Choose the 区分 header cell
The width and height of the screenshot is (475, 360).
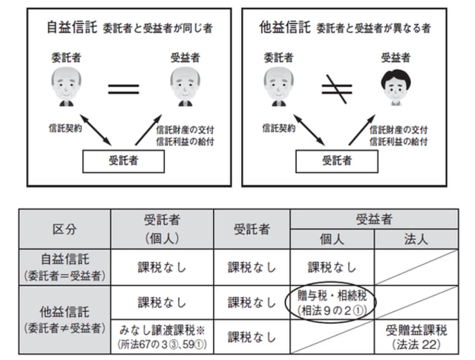tap(64, 228)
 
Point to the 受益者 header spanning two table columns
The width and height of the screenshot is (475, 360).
tap(373, 218)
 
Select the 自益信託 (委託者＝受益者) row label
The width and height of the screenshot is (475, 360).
tap(64, 266)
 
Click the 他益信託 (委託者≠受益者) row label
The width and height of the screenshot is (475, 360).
tap(64, 316)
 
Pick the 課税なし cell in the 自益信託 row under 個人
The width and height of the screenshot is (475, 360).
tap(332, 266)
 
